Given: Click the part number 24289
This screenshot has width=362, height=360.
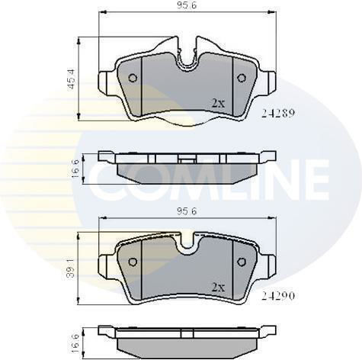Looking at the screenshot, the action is click(278, 113).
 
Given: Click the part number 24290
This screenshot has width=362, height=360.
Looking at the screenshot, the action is click(278, 295).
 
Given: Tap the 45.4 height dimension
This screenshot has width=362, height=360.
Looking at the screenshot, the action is click(71, 79).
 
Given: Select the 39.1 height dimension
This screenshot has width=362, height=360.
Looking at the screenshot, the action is click(71, 268).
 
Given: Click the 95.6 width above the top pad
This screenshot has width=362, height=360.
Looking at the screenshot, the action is click(187, 5).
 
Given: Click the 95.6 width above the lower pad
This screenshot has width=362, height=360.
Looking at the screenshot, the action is click(187, 211).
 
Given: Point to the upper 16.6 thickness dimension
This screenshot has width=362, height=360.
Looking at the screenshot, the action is click(75, 169).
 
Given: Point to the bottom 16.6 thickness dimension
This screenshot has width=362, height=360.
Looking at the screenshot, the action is click(75, 344).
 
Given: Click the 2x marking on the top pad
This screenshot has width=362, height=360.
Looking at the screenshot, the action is click(218, 103).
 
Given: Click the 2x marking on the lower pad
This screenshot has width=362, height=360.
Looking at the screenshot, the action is click(218, 288).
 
